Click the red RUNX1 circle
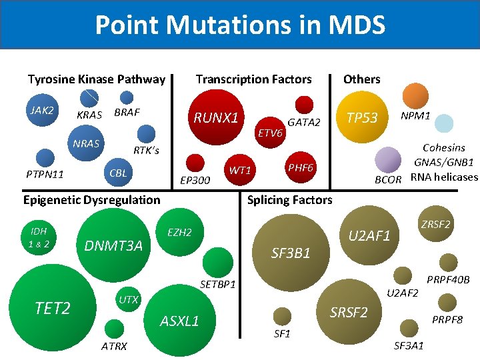pyautogui.click(x=216, y=119)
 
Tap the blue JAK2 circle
pyautogui.click(x=42, y=111)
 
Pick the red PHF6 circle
pyautogui.click(x=299, y=167)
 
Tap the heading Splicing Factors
pyautogui.click(x=289, y=200)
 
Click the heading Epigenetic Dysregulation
pyautogui.click(x=92, y=200)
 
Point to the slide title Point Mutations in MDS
pyautogui.click(x=240, y=25)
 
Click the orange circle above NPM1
pyautogui.click(x=417, y=96)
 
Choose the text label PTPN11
pyautogui.click(x=45, y=175)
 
